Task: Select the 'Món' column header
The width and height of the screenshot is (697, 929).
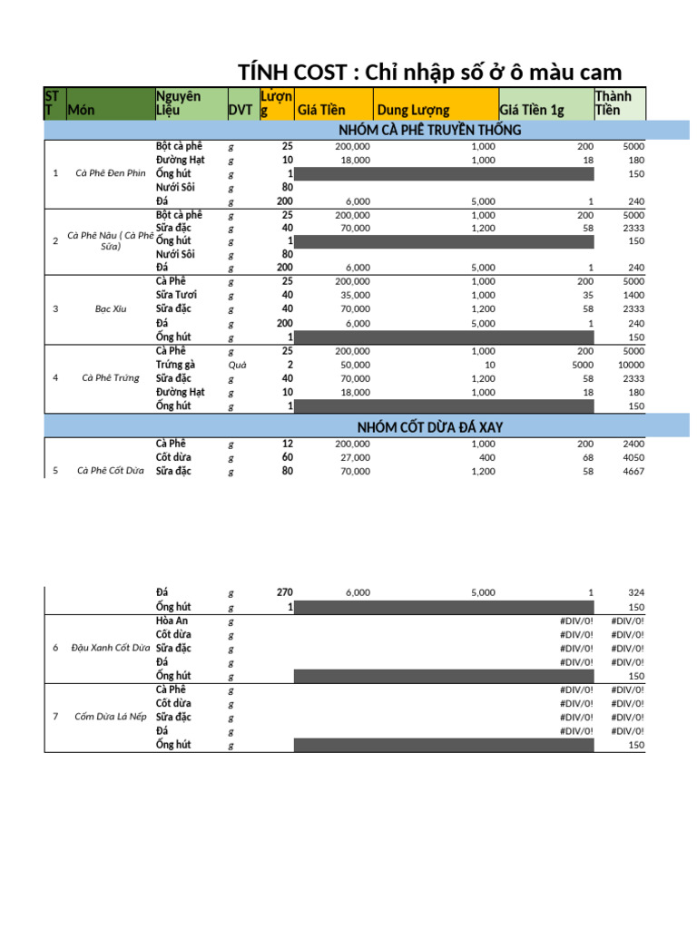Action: point(82,111)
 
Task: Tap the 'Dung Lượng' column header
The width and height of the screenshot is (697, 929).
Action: point(413,111)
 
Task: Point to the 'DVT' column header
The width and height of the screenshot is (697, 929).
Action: point(241,111)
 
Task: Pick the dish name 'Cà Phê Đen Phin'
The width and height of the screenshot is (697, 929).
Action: point(111,173)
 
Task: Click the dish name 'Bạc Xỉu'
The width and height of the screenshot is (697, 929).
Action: point(110,309)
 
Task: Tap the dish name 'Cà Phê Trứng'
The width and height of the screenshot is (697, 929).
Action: point(111,378)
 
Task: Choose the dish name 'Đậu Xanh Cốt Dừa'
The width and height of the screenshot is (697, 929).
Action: point(111,648)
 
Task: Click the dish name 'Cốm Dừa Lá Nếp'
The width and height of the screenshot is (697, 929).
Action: point(111,717)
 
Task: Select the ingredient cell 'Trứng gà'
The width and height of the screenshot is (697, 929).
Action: point(175,364)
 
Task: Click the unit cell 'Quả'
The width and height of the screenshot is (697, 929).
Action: point(238,365)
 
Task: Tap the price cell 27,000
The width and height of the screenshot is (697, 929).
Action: point(357,458)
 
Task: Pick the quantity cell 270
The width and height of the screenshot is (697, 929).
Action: point(284,592)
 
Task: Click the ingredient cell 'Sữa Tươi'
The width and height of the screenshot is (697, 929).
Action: point(176,295)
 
